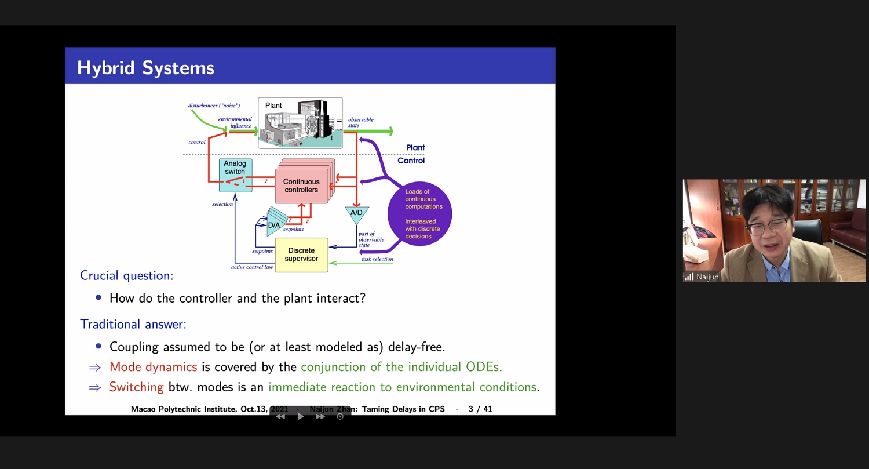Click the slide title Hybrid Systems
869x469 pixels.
coord(145,68)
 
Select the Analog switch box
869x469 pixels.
coord(235,174)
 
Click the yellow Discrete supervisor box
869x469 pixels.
coord(301,255)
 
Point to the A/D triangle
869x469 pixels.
coord(356,214)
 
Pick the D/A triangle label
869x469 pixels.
coord(274,225)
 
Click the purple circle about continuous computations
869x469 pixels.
coord(421,214)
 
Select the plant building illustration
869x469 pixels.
coord(300,123)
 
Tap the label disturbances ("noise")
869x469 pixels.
coord(214,106)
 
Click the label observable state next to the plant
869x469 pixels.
coord(360,122)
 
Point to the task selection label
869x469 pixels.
coord(377,259)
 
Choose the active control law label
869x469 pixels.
coord(252,267)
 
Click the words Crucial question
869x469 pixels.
coord(126,275)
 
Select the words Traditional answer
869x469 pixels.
coord(133,324)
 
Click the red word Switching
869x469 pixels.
coord(136,387)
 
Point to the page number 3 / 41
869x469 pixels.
coord(480,409)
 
